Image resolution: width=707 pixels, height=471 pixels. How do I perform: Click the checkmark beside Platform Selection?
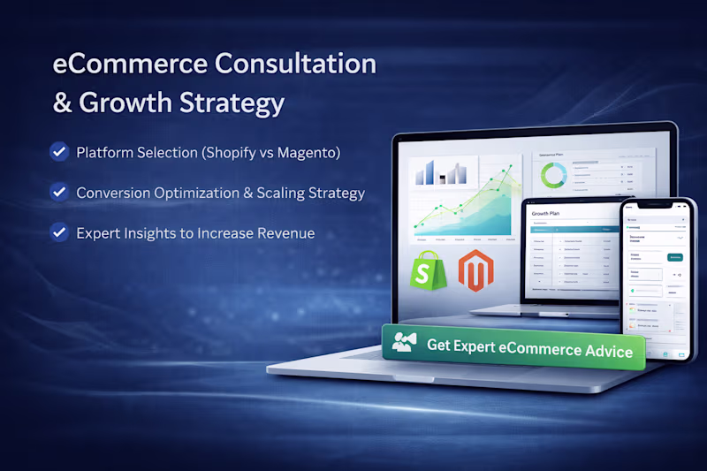(59, 152)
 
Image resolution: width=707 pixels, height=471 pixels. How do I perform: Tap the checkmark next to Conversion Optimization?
(59, 192)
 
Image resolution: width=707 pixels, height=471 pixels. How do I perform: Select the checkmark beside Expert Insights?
(59, 233)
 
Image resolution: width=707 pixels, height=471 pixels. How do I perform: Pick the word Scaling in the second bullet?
(285, 193)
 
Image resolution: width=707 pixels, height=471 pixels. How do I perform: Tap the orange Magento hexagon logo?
(475, 271)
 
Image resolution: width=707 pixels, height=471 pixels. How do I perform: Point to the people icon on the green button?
(405, 343)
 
